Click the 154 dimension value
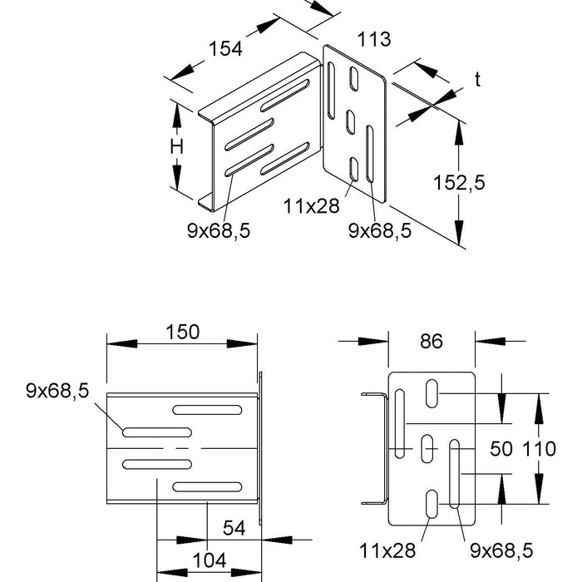[225, 48]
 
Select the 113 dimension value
[373, 39]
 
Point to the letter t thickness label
[478, 79]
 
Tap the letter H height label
[176, 147]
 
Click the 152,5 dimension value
[458, 182]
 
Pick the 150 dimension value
[182, 332]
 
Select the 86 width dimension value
[432, 340]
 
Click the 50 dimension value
[501, 451]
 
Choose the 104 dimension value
[208, 561]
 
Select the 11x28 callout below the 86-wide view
[387, 549]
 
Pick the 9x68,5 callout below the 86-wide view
[500, 549]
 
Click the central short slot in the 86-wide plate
[427, 450]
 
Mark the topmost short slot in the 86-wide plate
[432, 392]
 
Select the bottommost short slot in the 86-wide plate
[432, 505]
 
